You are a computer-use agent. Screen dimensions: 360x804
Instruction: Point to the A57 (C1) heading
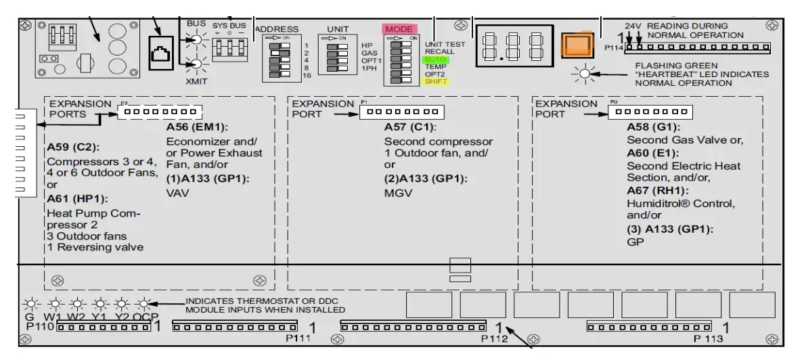[410, 127]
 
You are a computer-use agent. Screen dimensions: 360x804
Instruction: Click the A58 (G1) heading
[653, 127]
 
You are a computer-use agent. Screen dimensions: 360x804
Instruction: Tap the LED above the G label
[29, 303]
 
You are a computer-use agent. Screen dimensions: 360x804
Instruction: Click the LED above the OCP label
[144, 303]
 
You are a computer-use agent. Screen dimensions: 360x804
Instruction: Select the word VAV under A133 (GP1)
[178, 193]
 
